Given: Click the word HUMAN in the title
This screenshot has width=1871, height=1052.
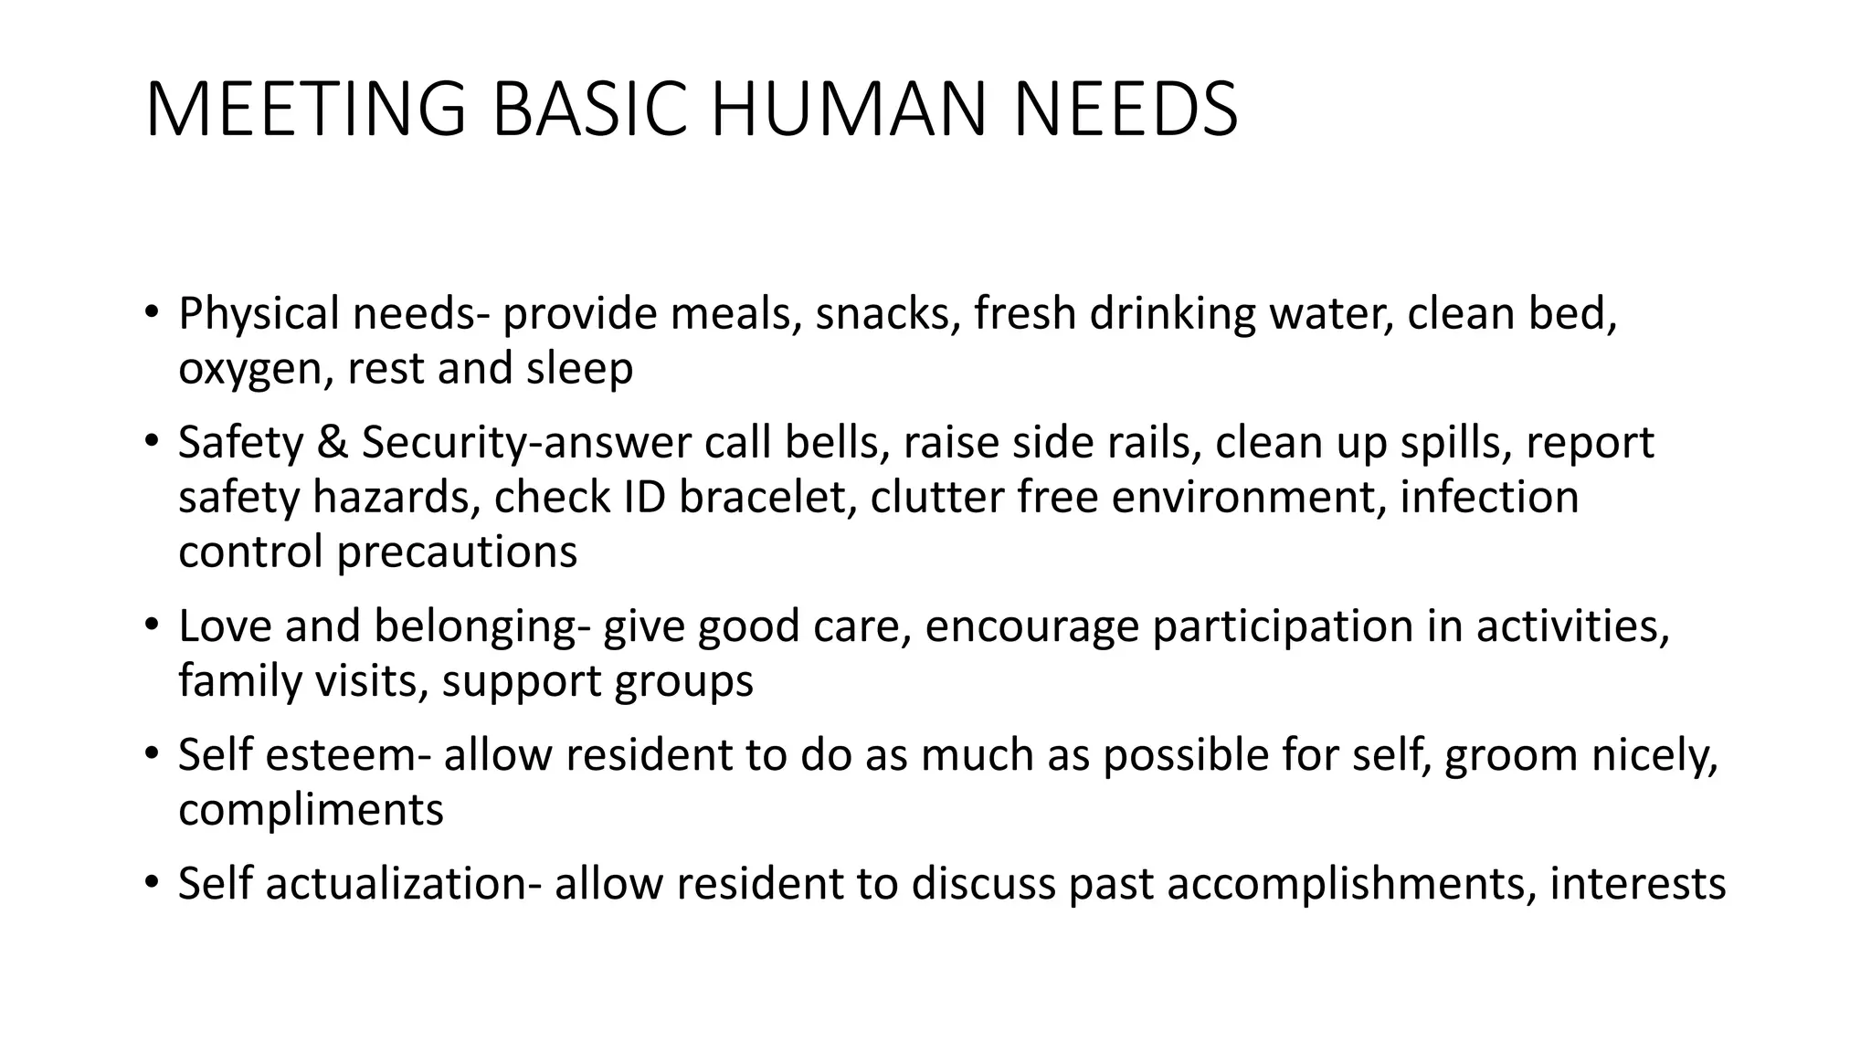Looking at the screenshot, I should (848, 110).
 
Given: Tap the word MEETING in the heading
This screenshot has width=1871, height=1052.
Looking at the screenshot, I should (305, 110).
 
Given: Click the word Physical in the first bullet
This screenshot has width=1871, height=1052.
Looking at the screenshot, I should (259, 314).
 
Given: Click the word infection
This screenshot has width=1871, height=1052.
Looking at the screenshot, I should (1488, 498).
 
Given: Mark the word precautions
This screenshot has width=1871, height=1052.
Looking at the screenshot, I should (457, 552).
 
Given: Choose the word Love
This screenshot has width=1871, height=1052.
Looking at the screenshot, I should (225, 626).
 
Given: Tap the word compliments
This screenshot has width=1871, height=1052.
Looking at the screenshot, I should (311, 811).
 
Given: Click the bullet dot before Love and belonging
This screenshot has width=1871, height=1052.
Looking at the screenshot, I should (152, 626).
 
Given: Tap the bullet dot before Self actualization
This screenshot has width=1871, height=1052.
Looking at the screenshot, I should (152, 884).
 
